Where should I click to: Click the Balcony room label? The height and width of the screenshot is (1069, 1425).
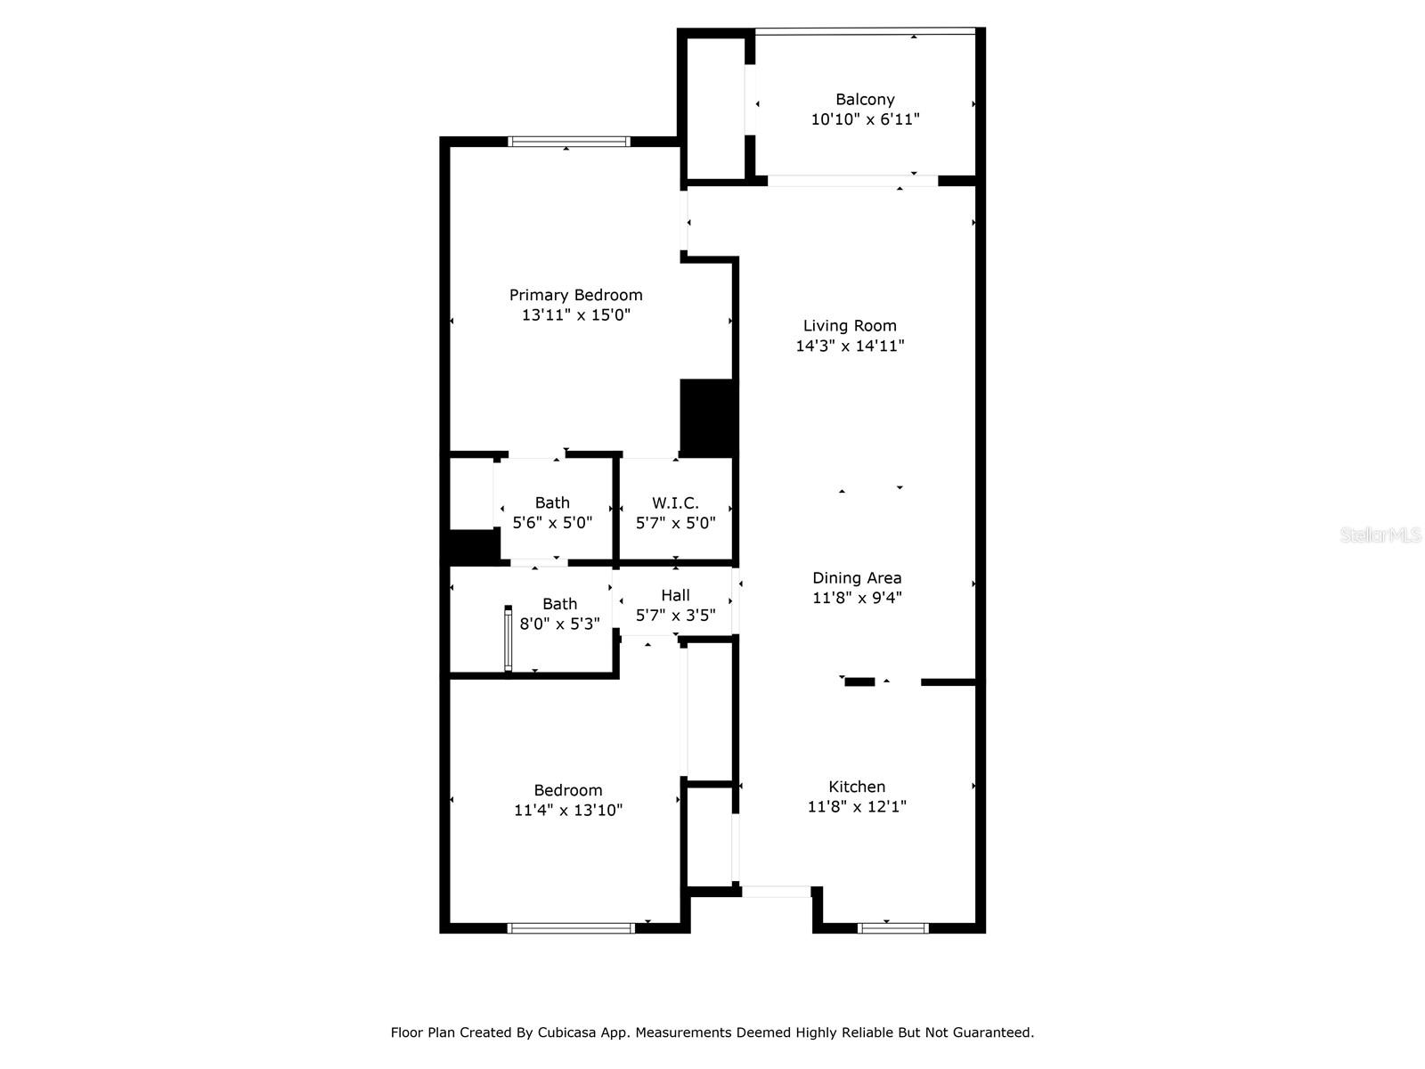[865, 99]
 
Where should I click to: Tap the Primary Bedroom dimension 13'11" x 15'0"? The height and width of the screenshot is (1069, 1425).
[576, 314]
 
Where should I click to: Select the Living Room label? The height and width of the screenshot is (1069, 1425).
[850, 326]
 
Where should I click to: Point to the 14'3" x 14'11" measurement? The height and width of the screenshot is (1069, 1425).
[850, 346]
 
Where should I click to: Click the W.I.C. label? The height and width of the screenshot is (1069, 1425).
[675, 503]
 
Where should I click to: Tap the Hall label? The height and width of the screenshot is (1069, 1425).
[675, 595]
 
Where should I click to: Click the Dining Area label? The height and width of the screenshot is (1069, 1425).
[857, 577]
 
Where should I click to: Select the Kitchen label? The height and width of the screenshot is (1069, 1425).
[857, 787]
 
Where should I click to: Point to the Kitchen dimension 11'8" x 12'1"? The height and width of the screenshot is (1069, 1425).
[857, 807]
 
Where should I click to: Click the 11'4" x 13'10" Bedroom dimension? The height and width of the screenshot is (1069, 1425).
[568, 810]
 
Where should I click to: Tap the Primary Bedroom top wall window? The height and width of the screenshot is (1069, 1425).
[569, 142]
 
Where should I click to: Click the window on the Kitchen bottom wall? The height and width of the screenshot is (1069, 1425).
[893, 928]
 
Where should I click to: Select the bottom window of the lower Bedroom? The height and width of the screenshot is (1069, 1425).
[571, 928]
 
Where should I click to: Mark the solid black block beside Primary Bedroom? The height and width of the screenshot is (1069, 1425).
[708, 418]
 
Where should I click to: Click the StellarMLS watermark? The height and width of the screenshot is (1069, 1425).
[1380, 534]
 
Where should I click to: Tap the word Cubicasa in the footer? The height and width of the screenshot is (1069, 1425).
[566, 1032]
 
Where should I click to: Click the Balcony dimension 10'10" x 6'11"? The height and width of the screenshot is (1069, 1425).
[865, 119]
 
